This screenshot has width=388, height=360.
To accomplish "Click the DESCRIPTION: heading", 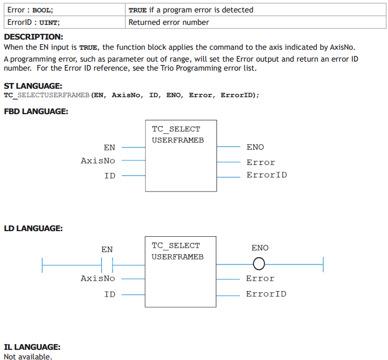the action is click(33, 37).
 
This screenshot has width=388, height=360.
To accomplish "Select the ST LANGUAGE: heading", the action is click(33, 86).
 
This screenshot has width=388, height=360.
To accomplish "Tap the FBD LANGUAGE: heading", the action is click(36, 111).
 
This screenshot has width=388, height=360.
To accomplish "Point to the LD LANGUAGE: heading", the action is click(33, 228).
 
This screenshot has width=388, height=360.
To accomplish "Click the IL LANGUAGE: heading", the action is click(32, 347).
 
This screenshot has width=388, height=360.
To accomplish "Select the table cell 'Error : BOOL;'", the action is click(64, 10).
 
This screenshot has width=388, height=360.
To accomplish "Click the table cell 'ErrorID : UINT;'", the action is click(64, 22).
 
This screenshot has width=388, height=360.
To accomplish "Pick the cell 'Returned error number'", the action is click(256, 22).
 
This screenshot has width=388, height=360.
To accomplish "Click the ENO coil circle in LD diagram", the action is click(259, 264).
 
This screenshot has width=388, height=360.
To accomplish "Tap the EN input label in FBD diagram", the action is click(109, 148).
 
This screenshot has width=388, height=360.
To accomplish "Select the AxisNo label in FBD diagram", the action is click(98, 161).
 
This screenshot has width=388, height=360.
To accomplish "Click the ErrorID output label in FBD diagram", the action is click(267, 175).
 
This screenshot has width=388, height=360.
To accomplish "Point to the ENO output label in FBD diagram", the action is click(255, 147).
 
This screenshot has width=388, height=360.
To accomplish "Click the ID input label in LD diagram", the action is click(110, 294).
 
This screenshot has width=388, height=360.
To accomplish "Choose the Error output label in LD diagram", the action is click(260, 279).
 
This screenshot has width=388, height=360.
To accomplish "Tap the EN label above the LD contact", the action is click(107, 249).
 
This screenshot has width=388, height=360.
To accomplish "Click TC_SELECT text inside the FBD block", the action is click(176, 129).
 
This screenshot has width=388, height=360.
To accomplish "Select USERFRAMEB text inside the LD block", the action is click(178, 257).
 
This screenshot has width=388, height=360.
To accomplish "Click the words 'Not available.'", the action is click(28, 356).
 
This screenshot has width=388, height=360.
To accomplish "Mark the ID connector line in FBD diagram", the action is click(133, 176).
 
